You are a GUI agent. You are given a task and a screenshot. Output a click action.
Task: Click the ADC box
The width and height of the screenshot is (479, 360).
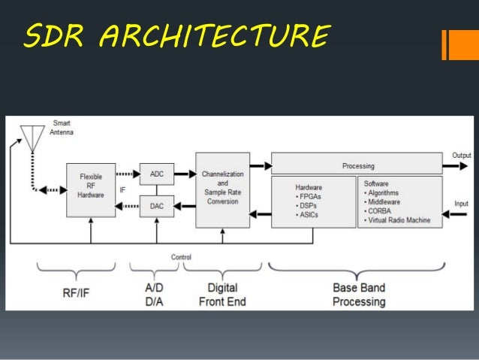click(x=157, y=174)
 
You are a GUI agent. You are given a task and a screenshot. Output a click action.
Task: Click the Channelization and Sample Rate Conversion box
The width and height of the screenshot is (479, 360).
click(x=222, y=189)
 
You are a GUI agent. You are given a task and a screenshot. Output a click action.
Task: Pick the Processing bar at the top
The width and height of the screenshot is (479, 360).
click(x=357, y=165)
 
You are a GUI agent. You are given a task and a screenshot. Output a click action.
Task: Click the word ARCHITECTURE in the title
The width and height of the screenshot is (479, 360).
click(x=217, y=36)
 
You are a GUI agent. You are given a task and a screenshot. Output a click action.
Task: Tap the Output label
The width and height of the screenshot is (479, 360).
click(x=461, y=156)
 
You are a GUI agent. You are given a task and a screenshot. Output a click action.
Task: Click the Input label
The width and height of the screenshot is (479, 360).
click(x=461, y=204)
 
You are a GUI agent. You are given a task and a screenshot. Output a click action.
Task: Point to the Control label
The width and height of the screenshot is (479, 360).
click(x=181, y=257)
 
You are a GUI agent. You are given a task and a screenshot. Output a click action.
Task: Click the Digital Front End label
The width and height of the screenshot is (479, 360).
click(x=222, y=294)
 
